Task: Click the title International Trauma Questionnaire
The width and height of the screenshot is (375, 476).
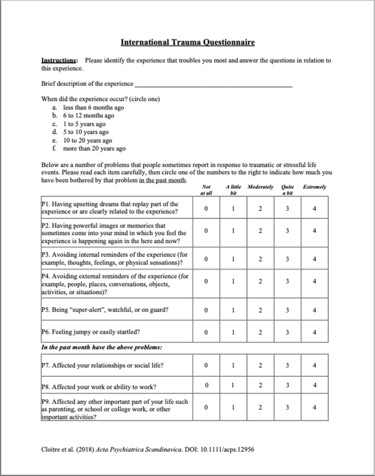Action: (187, 42)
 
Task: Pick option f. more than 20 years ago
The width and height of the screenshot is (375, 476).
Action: (94, 148)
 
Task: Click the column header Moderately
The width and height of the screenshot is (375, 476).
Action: (260, 187)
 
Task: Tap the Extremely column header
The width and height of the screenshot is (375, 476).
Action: (314, 187)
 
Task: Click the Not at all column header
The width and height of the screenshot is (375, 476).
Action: (206, 190)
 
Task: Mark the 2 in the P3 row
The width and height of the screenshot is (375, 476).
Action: (260, 259)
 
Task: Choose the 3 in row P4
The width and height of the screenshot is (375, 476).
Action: (288, 281)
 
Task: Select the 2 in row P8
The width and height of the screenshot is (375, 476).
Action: (260, 386)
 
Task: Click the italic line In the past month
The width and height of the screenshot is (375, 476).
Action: (102, 348)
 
